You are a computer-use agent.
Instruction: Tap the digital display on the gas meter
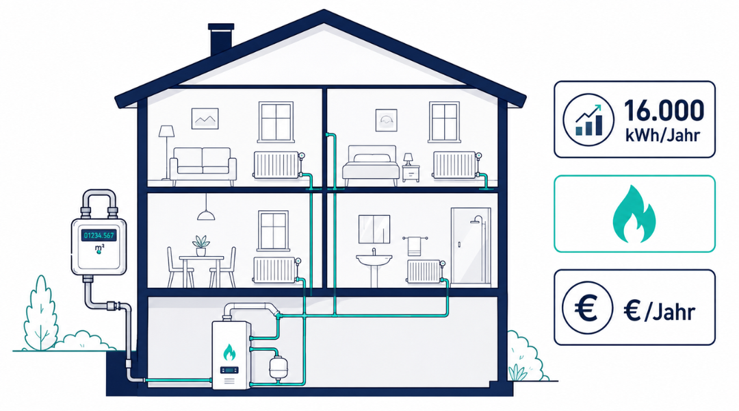pyautogui.click(x=99, y=235)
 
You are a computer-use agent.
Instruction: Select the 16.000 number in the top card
pyautogui.click(x=664, y=111)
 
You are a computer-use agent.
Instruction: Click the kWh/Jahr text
pyautogui.click(x=662, y=136)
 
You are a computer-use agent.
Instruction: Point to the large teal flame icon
pyautogui.click(x=634, y=214)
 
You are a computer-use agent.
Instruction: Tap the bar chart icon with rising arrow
pyautogui.click(x=588, y=119)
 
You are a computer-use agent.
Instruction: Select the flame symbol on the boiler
pyautogui.click(x=229, y=353)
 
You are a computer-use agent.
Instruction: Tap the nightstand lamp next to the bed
pyautogui.click(x=408, y=159)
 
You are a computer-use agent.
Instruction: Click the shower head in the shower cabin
pyautogui.click(x=478, y=219)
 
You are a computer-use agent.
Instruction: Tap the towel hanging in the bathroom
pyautogui.click(x=414, y=246)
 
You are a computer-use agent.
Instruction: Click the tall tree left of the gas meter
pyautogui.click(x=42, y=313)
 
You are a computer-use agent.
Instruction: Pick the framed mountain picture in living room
pyautogui.click(x=205, y=119)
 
